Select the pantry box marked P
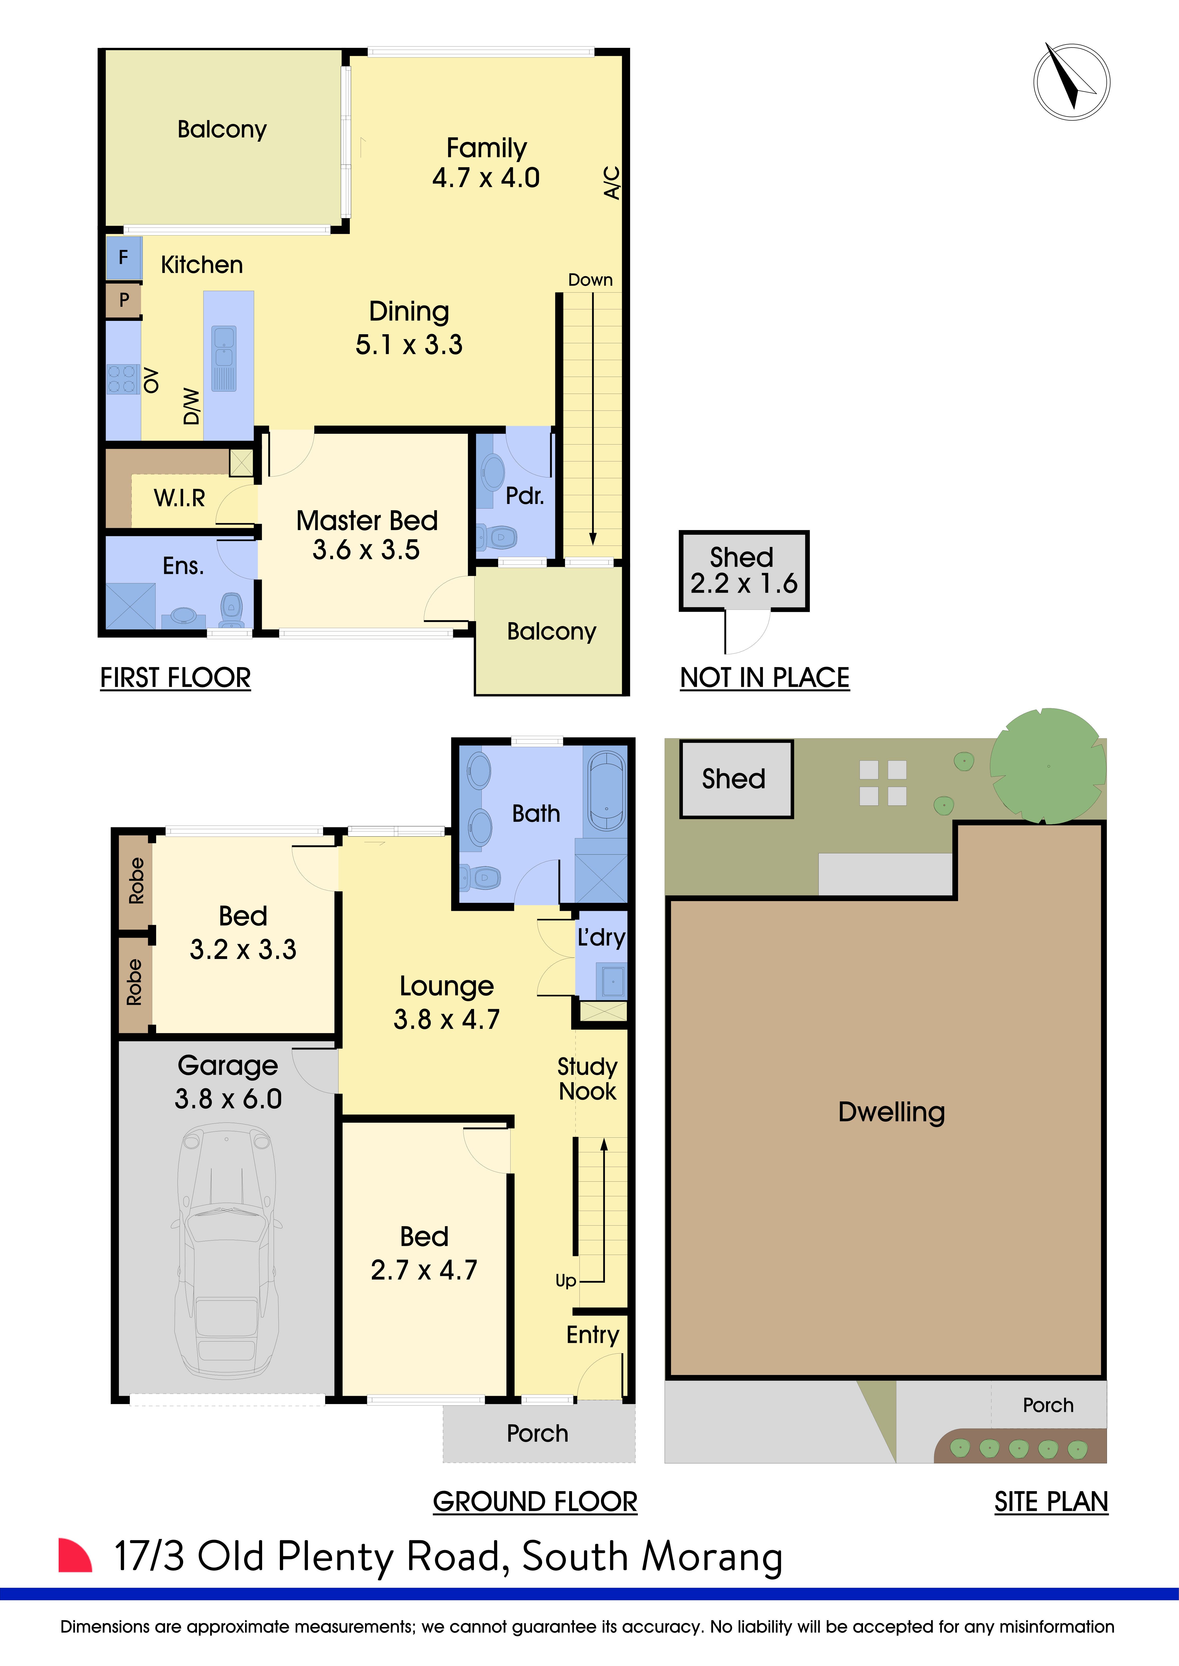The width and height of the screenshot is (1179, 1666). click(123, 300)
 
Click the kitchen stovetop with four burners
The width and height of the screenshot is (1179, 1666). click(122, 379)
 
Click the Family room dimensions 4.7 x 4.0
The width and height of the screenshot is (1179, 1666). click(486, 178)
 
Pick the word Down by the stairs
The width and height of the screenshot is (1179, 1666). click(590, 280)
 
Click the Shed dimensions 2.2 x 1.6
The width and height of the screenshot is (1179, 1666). click(743, 583)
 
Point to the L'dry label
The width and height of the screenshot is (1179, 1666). click(601, 937)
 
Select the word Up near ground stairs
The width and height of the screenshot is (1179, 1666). click(566, 1281)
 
